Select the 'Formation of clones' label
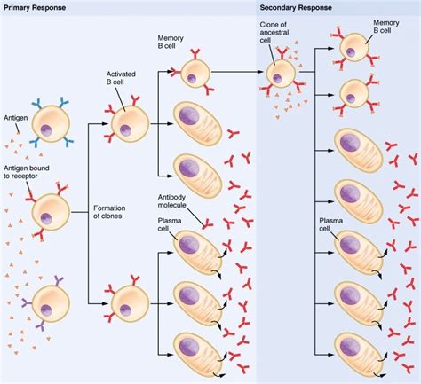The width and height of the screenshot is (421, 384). point(114,212)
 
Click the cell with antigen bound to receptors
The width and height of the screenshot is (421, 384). point(50,212)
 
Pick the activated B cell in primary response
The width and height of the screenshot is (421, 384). point(129,123)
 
